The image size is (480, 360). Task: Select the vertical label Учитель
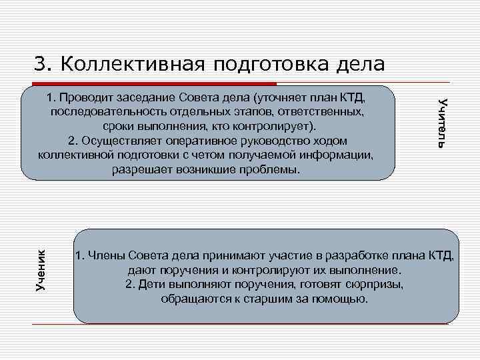[442, 122]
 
